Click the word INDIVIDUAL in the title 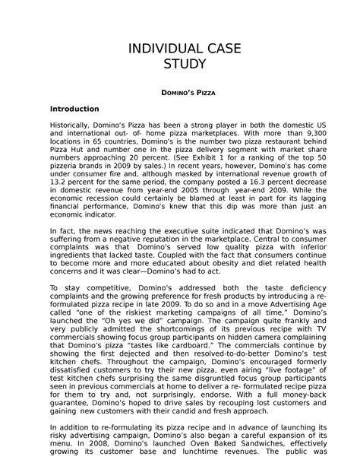[163, 48]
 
